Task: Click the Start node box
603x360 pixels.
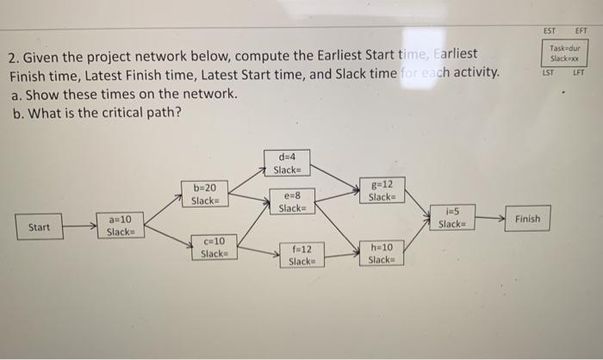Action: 39,227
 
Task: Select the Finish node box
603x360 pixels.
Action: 527,219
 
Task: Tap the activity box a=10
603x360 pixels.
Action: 120,226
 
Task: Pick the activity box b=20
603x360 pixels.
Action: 205,193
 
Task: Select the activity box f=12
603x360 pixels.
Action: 301,254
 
